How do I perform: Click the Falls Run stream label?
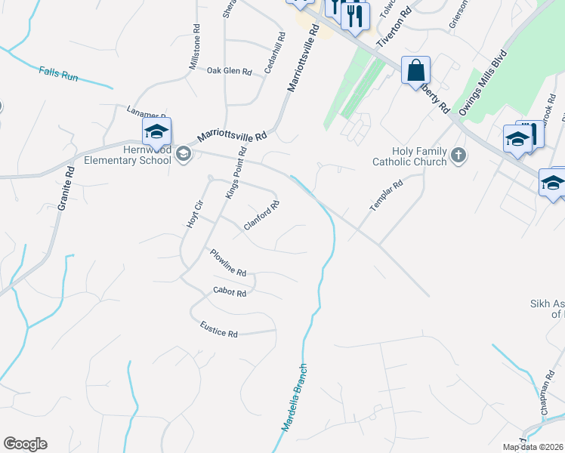59,73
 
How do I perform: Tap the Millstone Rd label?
195,48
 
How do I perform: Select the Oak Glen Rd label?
229,71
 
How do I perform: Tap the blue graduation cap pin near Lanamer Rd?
156,133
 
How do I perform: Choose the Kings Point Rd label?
236,174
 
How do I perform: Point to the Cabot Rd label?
230,292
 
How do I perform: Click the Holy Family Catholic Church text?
410,156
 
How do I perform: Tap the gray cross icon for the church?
458,156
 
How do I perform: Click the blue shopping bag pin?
415,72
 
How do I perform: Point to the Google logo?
25,444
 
